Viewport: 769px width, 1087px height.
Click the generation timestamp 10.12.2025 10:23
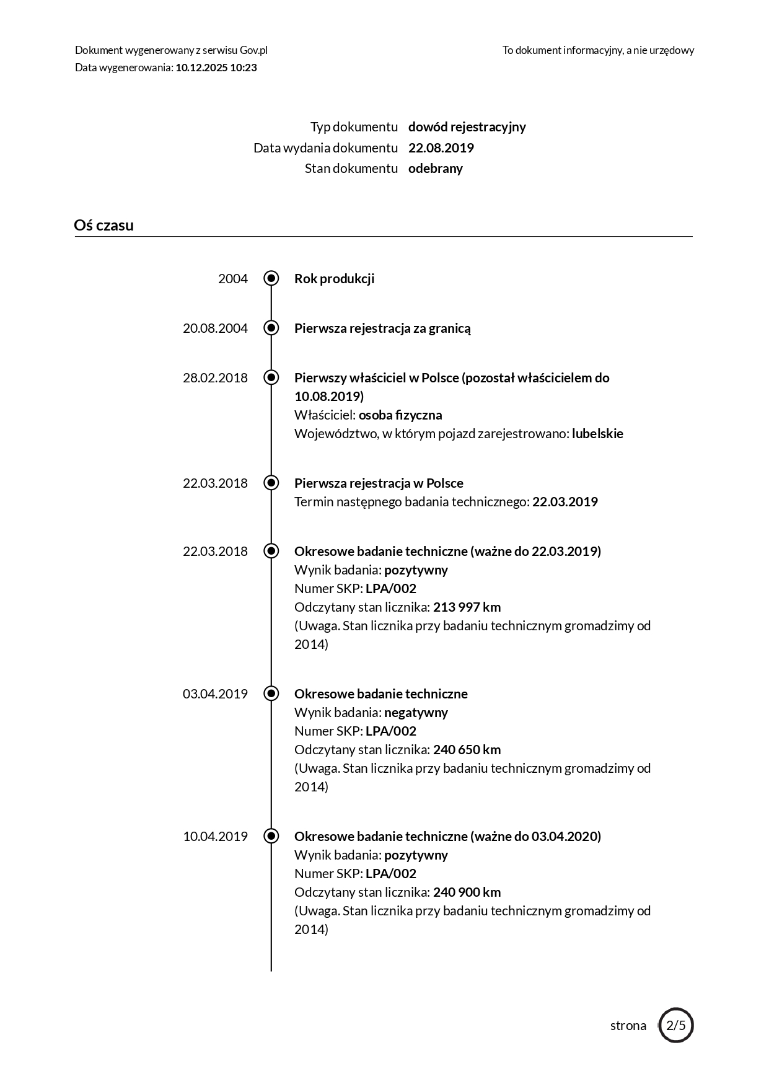coord(216,68)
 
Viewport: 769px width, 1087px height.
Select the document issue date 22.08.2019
coord(441,147)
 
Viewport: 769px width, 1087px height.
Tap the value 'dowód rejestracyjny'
coord(467,127)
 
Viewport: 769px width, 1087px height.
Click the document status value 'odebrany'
coord(435,169)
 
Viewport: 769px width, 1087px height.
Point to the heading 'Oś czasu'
coord(103,225)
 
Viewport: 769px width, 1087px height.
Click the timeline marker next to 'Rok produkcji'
coord(271,278)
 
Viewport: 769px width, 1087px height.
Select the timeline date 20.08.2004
coord(215,328)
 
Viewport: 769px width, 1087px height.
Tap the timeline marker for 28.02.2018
coord(271,377)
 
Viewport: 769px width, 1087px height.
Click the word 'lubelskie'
coord(597,434)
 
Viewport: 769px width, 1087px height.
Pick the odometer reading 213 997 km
coord(467,607)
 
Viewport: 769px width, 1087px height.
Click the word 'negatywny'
coord(416,713)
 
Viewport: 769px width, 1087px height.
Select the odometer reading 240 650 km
coord(467,750)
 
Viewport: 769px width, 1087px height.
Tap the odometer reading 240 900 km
coord(467,892)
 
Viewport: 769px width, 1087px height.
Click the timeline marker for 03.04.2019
coord(271,693)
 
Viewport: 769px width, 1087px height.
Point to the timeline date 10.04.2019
coord(215,837)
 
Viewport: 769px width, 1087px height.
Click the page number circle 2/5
coord(675,1025)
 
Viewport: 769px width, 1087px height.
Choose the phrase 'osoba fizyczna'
coord(400,415)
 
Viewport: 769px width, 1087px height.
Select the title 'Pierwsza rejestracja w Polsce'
coord(379,483)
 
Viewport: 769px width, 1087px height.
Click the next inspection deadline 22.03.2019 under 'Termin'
coord(565,502)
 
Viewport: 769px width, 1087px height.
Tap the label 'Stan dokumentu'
coord(351,169)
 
